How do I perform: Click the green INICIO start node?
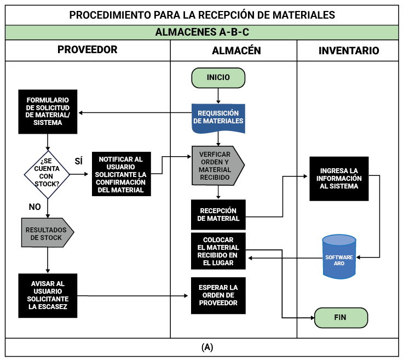pyautogui.click(x=218, y=78)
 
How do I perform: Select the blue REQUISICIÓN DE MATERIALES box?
pyautogui.click(x=218, y=117)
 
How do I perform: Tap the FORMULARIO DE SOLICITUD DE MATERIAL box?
pyautogui.click(x=48, y=112)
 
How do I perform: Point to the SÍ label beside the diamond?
pyautogui.click(x=78, y=161)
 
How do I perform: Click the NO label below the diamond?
pyautogui.click(x=35, y=207)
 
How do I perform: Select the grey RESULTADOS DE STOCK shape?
pyautogui.click(x=47, y=233)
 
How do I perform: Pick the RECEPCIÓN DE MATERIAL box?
pyautogui.click(x=218, y=214)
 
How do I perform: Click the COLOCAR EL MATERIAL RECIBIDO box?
pyautogui.click(x=218, y=251)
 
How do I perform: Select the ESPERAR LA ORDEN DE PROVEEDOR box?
pyautogui.click(x=218, y=295)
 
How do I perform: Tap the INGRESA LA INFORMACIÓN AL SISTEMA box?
pyautogui.click(x=339, y=178)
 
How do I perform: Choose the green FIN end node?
pyautogui.click(x=340, y=317)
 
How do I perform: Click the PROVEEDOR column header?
pyautogui.click(x=88, y=50)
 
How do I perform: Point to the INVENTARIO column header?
pyautogui.click(x=349, y=50)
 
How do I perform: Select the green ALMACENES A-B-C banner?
pyautogui.click(x=202, y=32)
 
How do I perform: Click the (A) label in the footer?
pyautogui.click(x=207, y=347)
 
